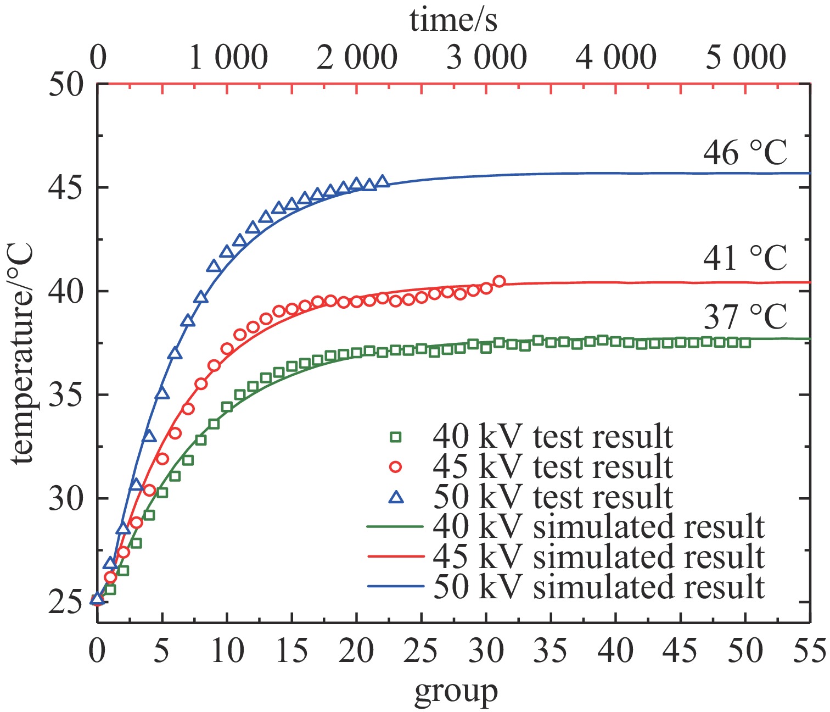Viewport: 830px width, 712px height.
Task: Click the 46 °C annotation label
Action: click(x=745, y=153)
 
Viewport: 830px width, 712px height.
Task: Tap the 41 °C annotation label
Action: click(x=745, y=258)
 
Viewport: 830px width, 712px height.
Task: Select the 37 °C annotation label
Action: click(x=745, y=316)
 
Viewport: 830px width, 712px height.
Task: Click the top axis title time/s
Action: click(x=453, y=21)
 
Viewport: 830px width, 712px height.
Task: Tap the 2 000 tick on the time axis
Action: click(x=357, y=58)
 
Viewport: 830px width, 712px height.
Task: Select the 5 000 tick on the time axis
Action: click(x=745, y=58)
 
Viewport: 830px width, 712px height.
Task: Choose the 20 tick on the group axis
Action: click(x=357, y=651)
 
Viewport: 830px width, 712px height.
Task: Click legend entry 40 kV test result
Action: click(x=552, y=437)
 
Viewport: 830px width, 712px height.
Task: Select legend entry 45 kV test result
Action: click(x=552, y=467)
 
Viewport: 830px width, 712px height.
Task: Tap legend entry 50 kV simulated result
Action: click(x=598, y=587)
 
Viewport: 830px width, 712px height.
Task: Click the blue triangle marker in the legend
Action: click(x=395, y=497)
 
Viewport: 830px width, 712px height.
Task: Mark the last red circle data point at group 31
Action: click(x=499, y=281)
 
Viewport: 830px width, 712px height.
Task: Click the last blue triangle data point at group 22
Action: click(x=383, y=181)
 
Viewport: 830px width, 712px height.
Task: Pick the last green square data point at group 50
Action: click(x=745, y=343)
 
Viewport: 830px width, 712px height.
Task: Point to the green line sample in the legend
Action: click(x=395, y=527)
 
